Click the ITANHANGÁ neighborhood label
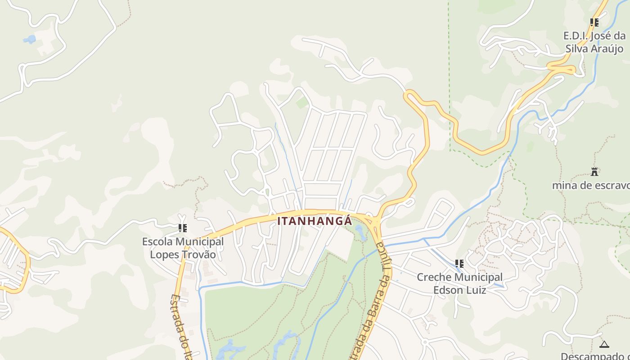coord(315,221)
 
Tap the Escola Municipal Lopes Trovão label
coord(183,248)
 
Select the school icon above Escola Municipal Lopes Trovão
coord(183,228)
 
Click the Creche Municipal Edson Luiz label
coord(459,283)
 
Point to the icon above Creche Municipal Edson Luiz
coord(459,263)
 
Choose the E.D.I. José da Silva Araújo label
coord(594,42)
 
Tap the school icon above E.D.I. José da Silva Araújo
coord(594,22)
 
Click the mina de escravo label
coord(591,185)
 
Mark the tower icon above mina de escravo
coord(594,171)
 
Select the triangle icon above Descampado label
coord(604,344)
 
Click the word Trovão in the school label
coord(198,255)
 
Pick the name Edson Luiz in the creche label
coord(459,290)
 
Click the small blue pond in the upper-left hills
coord(30,39)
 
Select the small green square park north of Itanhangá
coord(302,103)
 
